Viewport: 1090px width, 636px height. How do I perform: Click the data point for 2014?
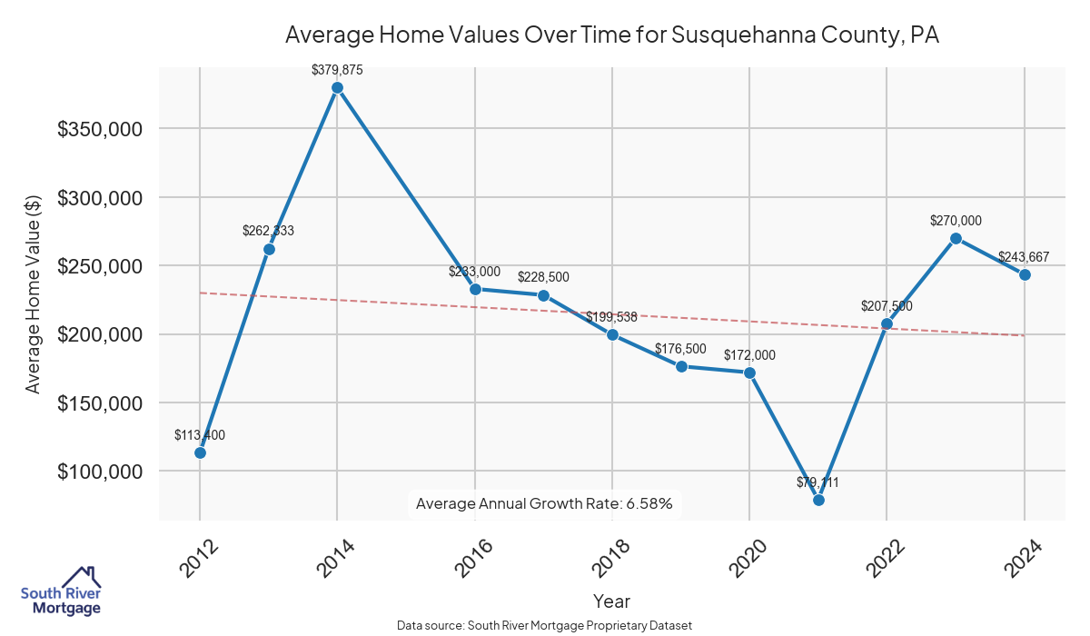[x=337, y=88]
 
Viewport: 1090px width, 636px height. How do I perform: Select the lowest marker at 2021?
[x=818, y=500]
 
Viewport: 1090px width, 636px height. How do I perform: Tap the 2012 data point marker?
[x=200, y=452]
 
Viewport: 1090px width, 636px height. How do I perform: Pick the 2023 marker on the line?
[x=956, y=238]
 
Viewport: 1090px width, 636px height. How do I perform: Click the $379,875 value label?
[x=337, y=69]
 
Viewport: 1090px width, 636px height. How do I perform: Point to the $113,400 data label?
[x=200, y=435]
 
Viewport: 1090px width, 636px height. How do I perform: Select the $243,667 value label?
[x=1024, y=257]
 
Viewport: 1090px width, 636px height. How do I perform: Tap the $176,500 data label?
[x=680, y=349]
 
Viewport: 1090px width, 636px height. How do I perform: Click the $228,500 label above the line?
[x=543, y=277]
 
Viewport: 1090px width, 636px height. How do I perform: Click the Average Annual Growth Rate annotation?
[x=544, y=503]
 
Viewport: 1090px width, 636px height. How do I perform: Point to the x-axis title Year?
[x=611, y=601]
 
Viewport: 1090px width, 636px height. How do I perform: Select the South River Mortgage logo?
[x=61, y=591]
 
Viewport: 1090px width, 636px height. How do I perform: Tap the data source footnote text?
[x=544, y=625]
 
